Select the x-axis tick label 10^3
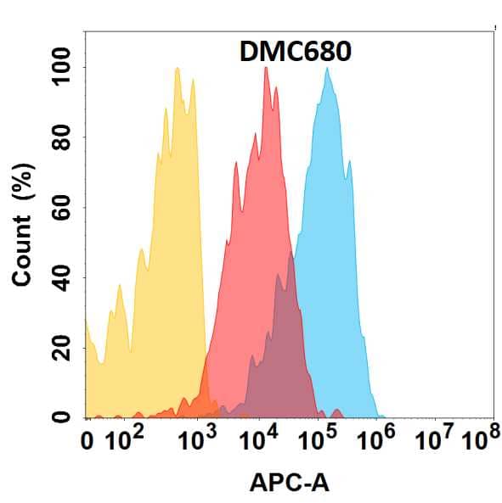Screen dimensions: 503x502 coord(197,442)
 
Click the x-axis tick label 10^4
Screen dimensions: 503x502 coord(259,442)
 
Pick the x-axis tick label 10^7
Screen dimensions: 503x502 coord(433,442)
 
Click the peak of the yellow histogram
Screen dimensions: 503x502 coord(177,70)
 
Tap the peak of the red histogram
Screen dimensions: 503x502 coord(266,69)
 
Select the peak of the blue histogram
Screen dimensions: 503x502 coord(327,70)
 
